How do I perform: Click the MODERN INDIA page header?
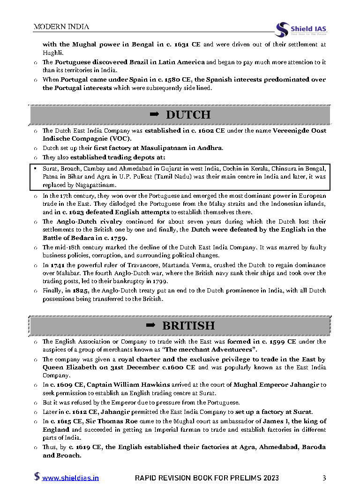[61, 27]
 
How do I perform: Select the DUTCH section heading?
[188, 115]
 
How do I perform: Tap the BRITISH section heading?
[188, 325]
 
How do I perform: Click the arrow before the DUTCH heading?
[154, 115]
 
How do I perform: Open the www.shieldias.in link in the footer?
[70, 478]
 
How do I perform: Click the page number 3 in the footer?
[324, 478]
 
